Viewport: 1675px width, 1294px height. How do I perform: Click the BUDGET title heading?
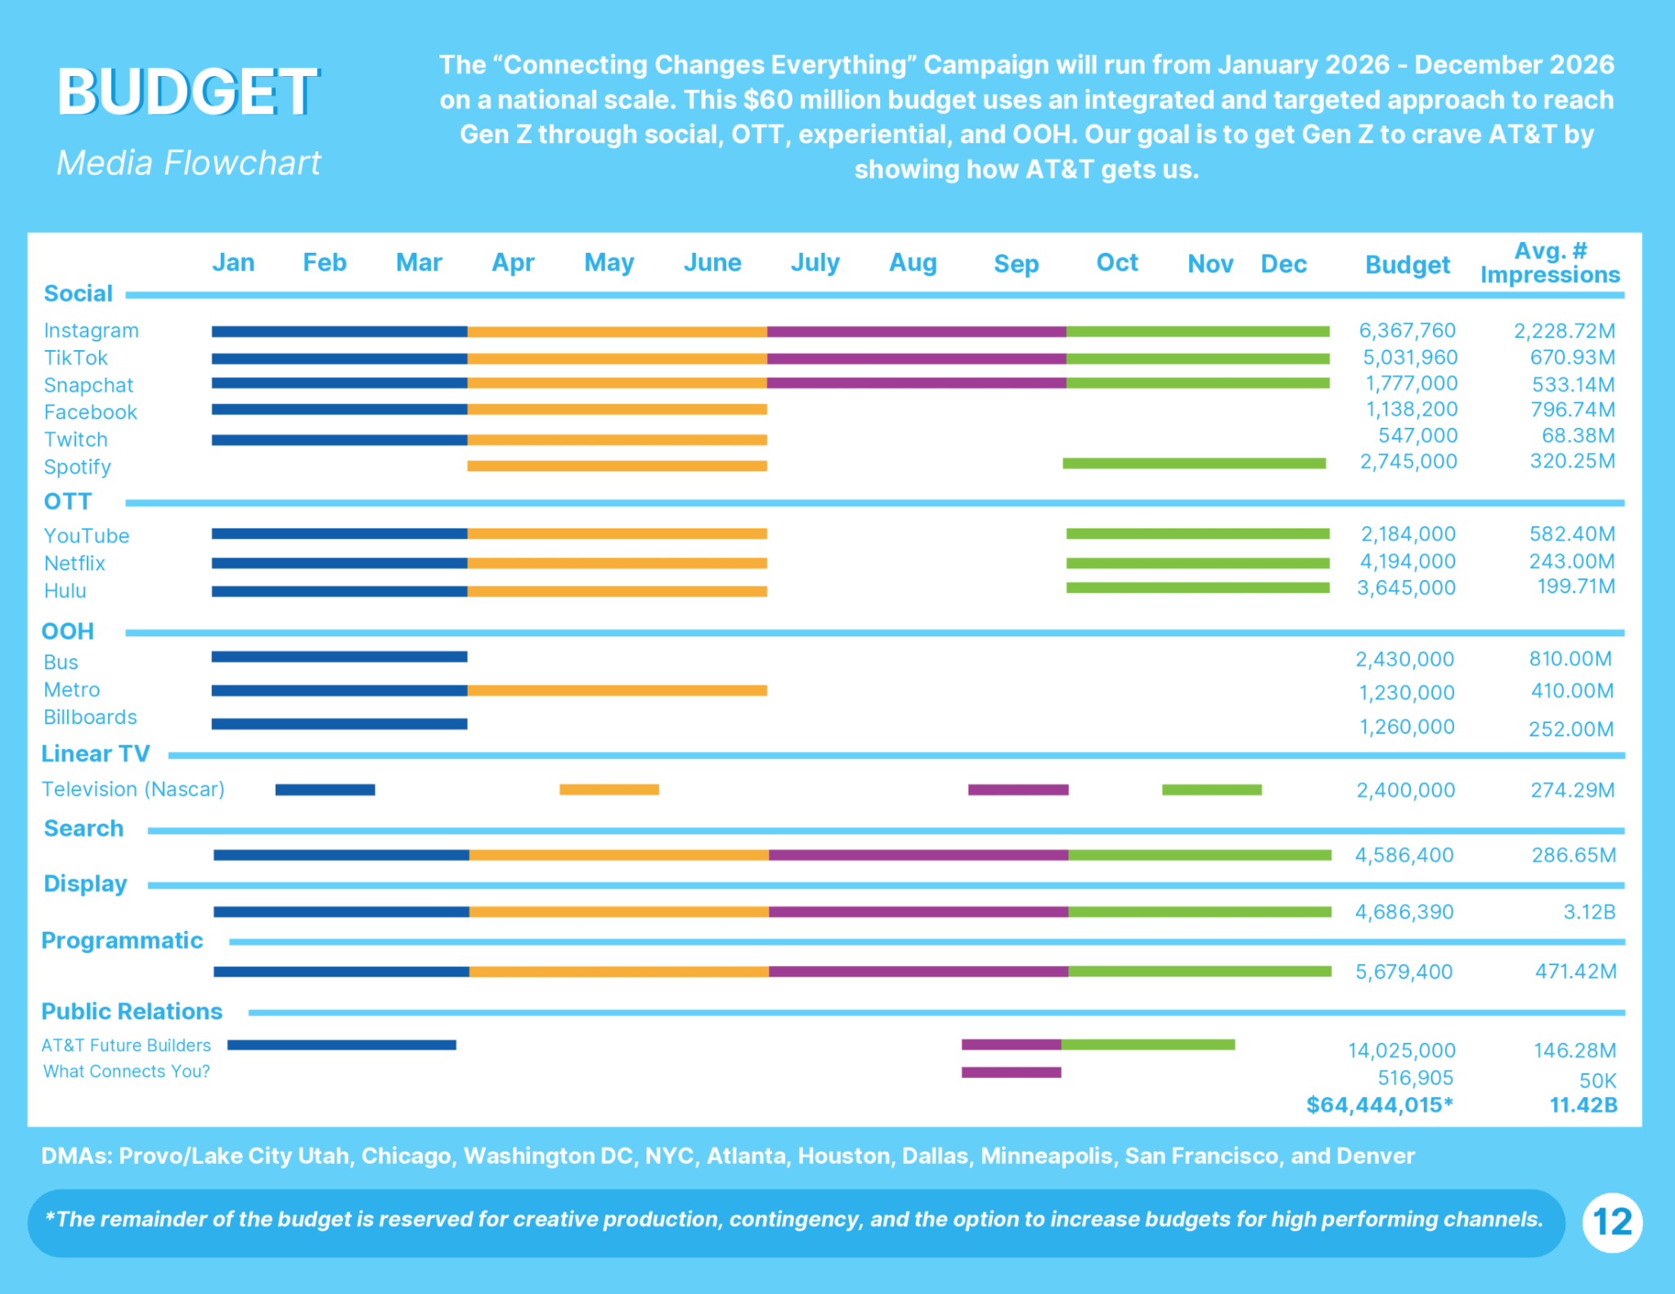coord(187,92)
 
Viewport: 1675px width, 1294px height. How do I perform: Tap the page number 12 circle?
coord(1612,1222)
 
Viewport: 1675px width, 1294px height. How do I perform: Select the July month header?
coord(815,263)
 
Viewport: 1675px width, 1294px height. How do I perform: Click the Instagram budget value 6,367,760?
coord(1407,330)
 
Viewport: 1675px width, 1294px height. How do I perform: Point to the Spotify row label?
coord(77,467)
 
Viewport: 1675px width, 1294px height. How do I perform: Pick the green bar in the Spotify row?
coord(1194,464)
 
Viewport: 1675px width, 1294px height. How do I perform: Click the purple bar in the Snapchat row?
coord(916,383)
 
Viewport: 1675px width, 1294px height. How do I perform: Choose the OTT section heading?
coord(68,501)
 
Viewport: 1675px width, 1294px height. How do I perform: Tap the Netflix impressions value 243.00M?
coord(1572,561)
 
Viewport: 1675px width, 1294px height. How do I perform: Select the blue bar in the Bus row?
coord(339,657)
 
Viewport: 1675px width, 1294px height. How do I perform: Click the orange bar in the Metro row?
coord(617,690)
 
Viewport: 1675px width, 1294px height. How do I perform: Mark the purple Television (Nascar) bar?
coord(1018,789)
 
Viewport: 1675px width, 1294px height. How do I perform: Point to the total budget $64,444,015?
coord(1379,1105)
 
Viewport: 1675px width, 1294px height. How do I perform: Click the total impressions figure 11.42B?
coord(1583,1105)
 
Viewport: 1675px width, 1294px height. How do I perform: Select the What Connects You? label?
coord(127,1072)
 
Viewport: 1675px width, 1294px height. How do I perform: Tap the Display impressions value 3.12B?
coord(1589,912)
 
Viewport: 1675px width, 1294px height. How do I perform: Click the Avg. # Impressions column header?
coord(1550,263)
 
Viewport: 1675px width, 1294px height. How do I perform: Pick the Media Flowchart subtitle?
coord(188,163)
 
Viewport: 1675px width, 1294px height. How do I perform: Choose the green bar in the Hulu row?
coord(1197,588)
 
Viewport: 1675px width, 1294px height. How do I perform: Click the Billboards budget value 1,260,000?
coord(1407,727)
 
